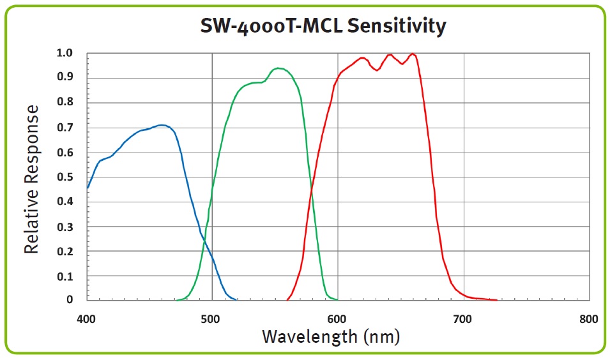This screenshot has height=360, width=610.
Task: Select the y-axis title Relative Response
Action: pyautogui.click(x=32, y=180)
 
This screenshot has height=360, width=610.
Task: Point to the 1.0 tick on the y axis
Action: pyautogui.click(x=66, y=53)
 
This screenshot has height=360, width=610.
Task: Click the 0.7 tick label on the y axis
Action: pyautogui.click(x=66, y=128)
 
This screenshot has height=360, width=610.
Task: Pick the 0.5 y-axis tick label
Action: pyautogui.click(x=66, y=177)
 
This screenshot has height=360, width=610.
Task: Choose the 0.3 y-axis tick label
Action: pyautogui.click(x=66, y=227)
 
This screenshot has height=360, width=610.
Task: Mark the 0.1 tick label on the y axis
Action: pyautogui.click(x=66, y=276)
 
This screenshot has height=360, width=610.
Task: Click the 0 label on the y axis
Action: pyautogui.click(x=71, y=299)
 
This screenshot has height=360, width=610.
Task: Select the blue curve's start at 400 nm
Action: pyautogui.click(x=88, y=188)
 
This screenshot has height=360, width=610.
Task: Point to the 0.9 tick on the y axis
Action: pyautogui.click(x=66, y=78)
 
